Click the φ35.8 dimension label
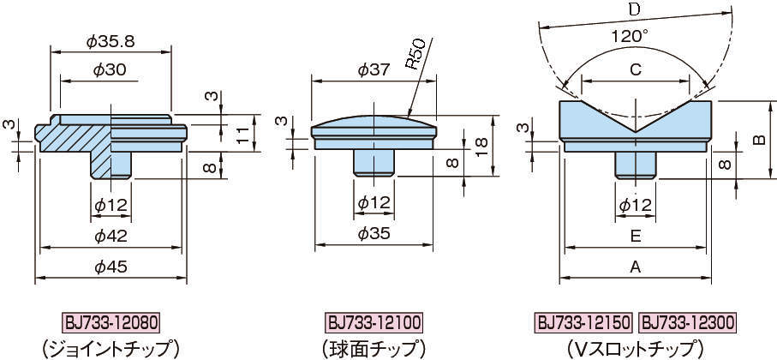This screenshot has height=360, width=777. pyautogui.click(x=111, y=42)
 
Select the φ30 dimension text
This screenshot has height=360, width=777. pyautogui.click(x=110, y=70)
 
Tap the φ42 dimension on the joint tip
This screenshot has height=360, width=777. pyautogui.click(x=111, y=236)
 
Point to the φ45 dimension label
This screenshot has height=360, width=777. pyautogui.click(x=111, y=267)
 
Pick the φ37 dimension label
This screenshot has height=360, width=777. pyautogui.click(x=374, y=70)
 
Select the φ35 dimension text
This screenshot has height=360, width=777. pyautogui.click(x=374, y=234)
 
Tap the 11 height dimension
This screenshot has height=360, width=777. pyautogui.click(x=242, y=134)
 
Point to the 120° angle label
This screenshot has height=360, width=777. pyautogui.click(x=630, y=36)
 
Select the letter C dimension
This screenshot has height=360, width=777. pyautogui.click(x=636, y=70)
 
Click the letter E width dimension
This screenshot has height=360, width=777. pyautogui.click(x=636, y=236)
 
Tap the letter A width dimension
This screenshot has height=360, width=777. pyautogui.click(x=636, y=267)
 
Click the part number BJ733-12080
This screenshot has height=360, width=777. pyautogui.click(x=111, y=323)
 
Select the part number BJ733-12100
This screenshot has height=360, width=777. pyautogui.click(x=374, y=323)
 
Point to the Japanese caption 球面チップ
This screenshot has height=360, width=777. pyautogui.click(x=374, y=349)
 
